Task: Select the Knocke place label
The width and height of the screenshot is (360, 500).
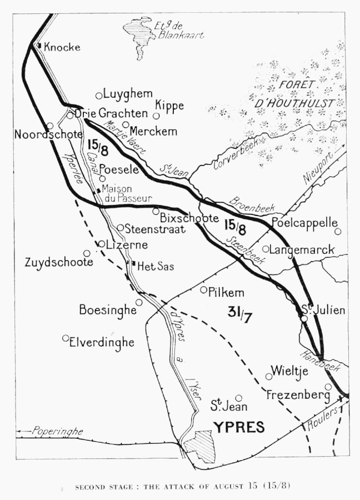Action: tap(62, 47)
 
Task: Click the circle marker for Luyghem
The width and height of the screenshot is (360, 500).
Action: tap(99, 96)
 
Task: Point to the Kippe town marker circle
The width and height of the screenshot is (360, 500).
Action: tap(157, 116)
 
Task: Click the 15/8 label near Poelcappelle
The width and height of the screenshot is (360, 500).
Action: tap(235, 226)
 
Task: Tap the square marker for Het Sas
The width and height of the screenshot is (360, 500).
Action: tap(133, 263)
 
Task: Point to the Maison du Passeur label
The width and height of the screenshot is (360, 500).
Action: tap(127, 193)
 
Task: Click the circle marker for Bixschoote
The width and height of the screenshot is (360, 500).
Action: tap(156, 211)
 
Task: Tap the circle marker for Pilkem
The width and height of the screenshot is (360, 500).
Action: tap(204, 289)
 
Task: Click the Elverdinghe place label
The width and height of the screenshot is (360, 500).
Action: tap(102, 342)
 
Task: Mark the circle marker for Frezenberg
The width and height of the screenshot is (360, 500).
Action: tap(328, 387)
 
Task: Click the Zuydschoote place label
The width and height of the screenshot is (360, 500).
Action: tap(59, 262)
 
